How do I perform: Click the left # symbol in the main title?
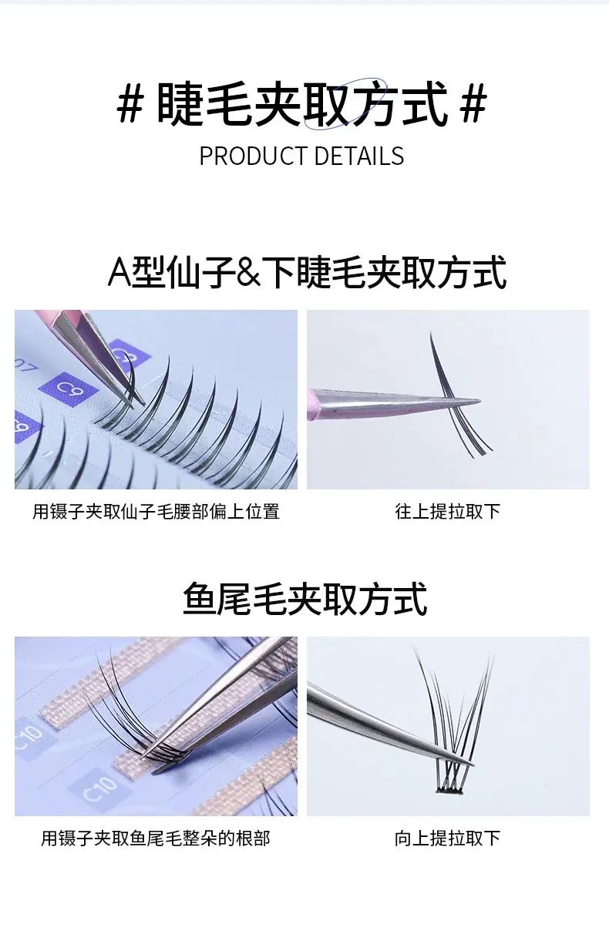click(131, 103)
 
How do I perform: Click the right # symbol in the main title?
click(473, 103)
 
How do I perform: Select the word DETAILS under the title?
click(359, 156)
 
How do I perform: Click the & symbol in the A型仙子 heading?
click(248, 273)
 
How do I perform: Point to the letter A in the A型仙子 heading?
click(119, 273)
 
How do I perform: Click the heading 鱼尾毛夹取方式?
click(304, 599)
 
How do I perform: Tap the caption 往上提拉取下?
click(448, 511)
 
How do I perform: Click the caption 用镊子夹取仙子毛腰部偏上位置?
click(156, 511)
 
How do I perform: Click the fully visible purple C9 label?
click(69, 388)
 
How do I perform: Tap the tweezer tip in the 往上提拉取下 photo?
click(479, 401)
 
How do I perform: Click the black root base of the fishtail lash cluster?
click(449, 791)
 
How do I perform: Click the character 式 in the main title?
click(425, 103)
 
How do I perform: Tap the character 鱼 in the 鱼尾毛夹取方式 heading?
click(200, 599)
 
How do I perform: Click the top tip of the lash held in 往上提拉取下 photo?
click(431, 332)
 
